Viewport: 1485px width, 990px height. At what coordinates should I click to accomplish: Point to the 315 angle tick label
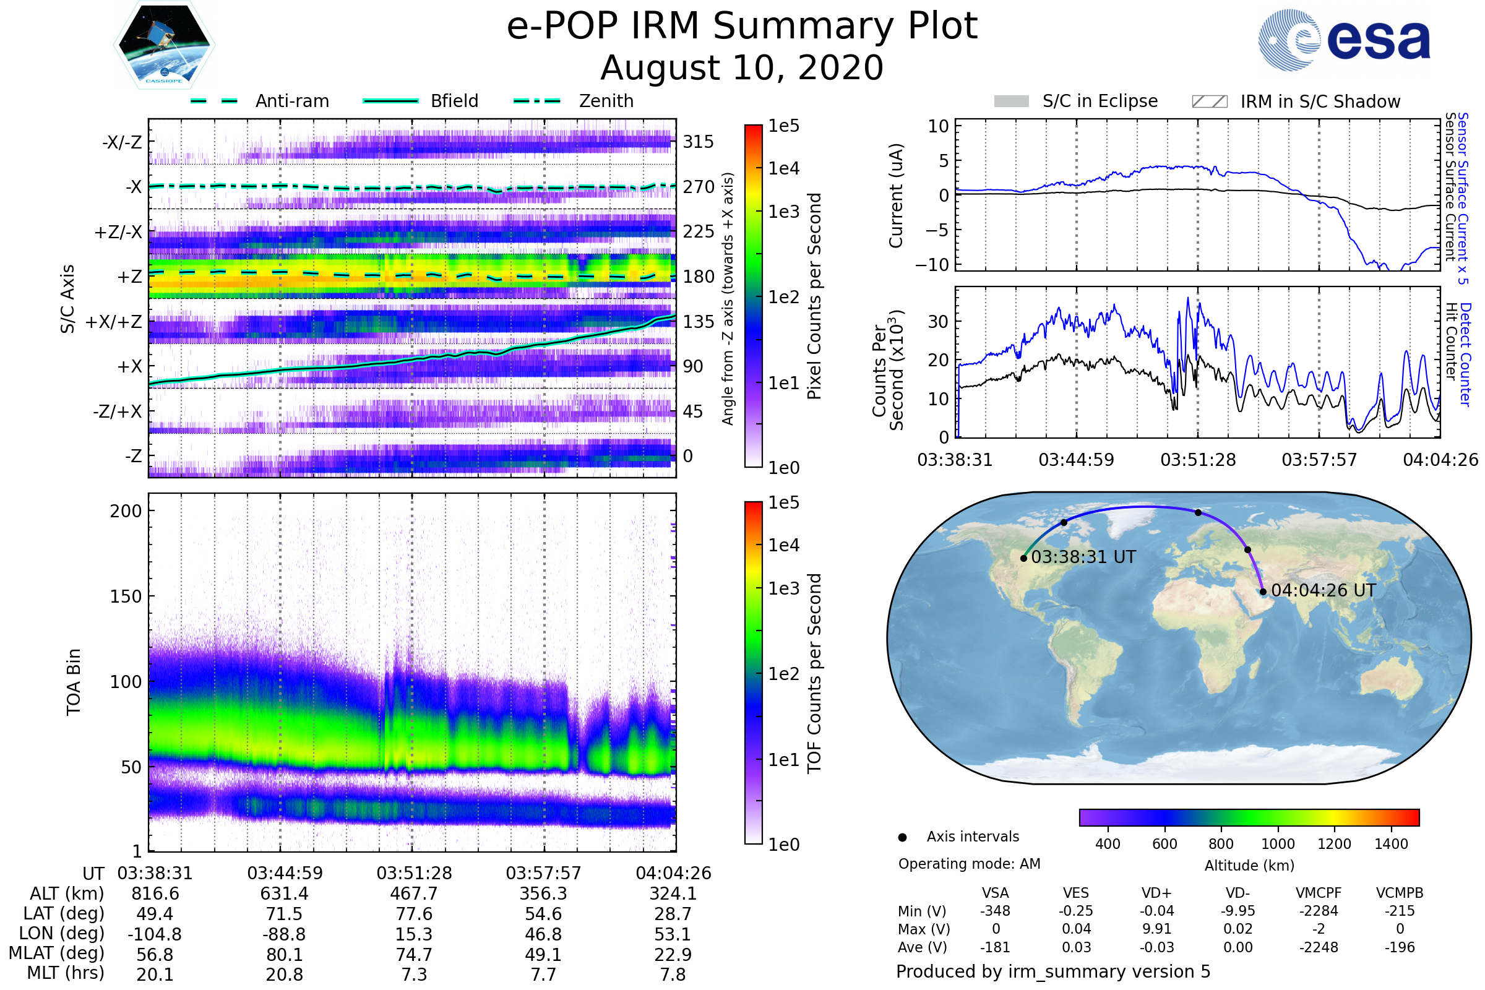(699, 142)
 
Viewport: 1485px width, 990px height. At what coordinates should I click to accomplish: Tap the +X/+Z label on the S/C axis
(114, 322)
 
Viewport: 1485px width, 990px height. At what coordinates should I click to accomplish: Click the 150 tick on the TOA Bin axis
(126, 596)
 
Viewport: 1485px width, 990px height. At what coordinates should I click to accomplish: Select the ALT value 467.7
(413, 894)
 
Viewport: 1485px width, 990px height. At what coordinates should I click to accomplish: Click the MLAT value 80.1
(285, 955)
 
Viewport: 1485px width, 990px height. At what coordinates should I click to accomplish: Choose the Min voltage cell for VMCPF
(1319, 911)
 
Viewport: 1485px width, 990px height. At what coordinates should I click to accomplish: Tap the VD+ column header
(1156, 893)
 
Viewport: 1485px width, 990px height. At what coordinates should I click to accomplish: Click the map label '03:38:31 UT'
(1083, 557)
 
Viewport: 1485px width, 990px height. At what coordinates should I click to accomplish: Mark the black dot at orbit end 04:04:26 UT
(1263, 592)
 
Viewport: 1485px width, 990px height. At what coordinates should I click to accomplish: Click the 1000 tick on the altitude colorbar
(1277, 844)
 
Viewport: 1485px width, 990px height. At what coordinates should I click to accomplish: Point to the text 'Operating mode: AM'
(969, 864)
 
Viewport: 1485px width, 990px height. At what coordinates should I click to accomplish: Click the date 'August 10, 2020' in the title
(742, 67)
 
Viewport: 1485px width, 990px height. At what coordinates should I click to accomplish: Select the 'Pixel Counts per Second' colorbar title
(814, 296)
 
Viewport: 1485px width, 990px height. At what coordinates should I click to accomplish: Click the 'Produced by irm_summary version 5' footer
(1053, 971)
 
